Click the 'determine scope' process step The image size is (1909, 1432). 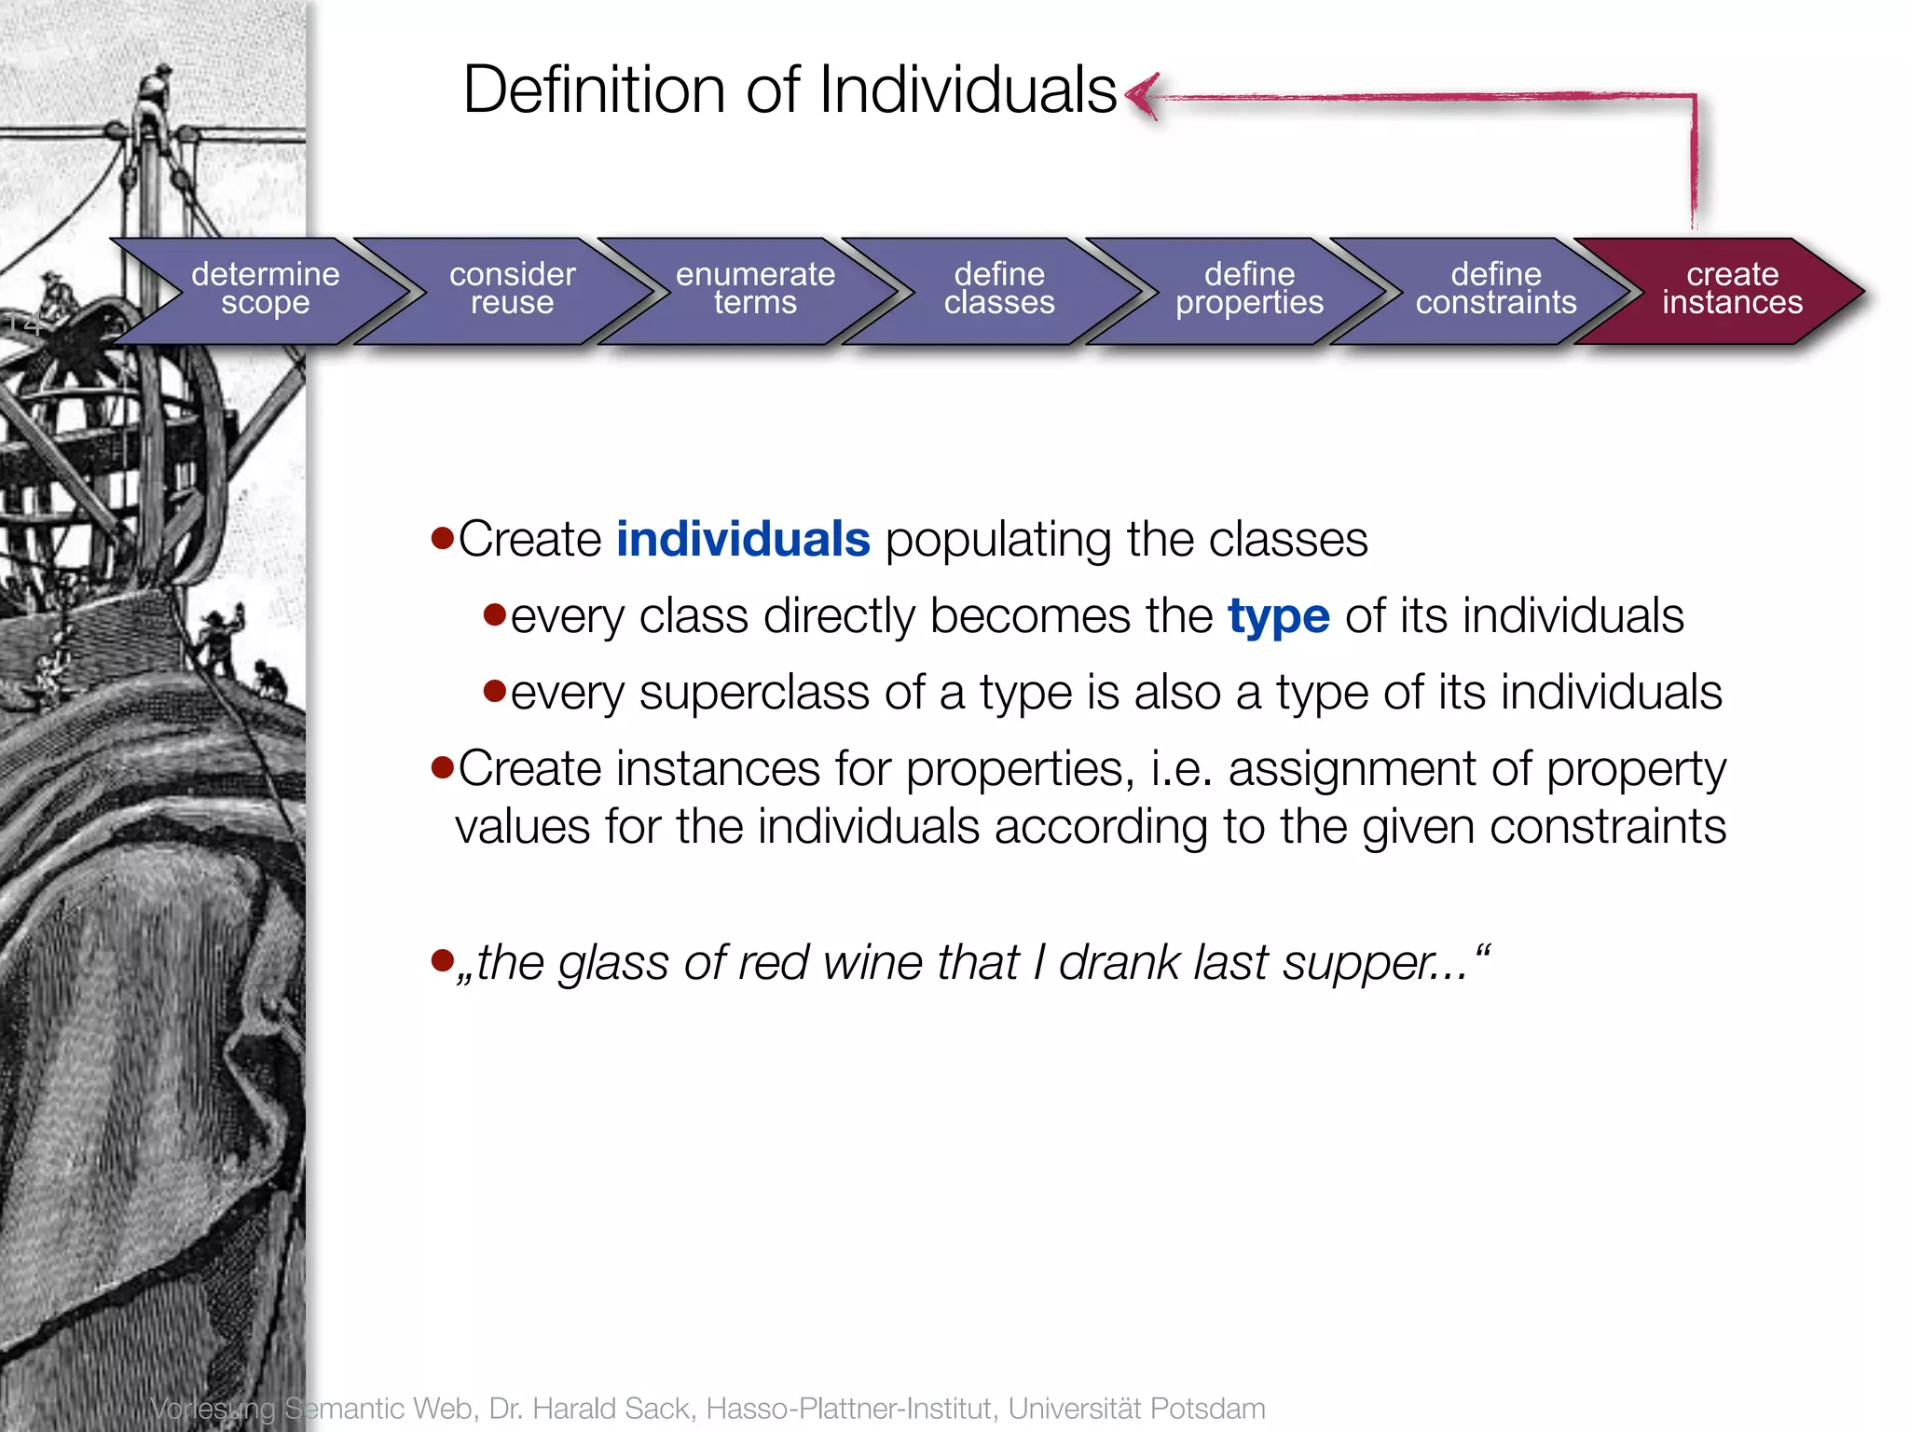(x=265, y=289)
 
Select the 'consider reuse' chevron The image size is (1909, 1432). (x=512, y=289)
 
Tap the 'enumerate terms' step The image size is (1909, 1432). (x=755, y=289)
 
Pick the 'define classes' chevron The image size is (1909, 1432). (x=999, y=289)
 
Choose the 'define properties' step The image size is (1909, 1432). (x=1249, y=289)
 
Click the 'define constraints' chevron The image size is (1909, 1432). (x=1496, y=289)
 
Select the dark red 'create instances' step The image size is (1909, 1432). (x=1732, y=289)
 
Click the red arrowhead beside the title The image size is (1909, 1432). (x=1143, y=95)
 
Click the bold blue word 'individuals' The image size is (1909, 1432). (x=743, y=540)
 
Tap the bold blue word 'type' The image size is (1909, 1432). (x=1278, y=617)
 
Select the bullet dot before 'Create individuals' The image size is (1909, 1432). (x=442, y=538)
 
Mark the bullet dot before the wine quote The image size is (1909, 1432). (x=442, y=959)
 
